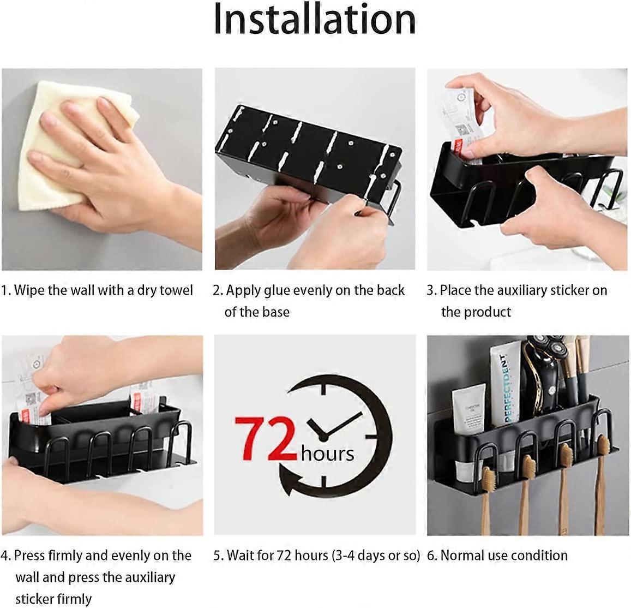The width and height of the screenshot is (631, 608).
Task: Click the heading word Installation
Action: click(x=314, y=20)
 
